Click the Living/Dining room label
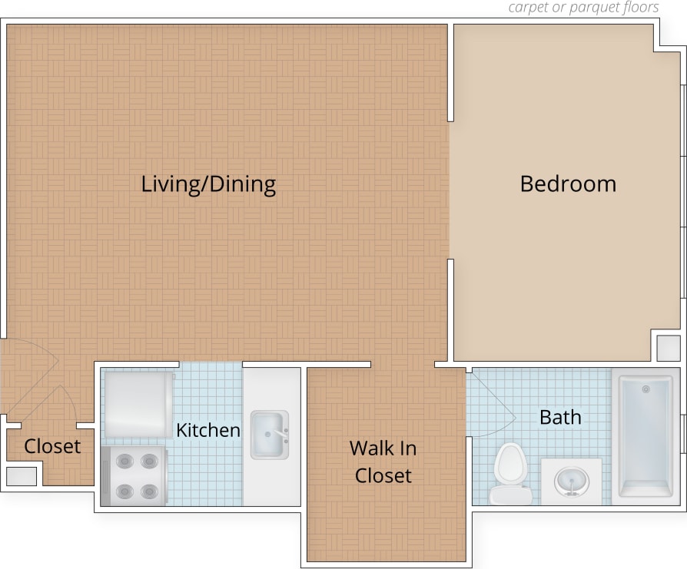208,184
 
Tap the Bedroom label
568,184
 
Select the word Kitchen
208,430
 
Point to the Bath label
560,418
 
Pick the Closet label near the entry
52,446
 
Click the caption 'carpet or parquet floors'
583,8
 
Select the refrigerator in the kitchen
138,405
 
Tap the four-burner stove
134,476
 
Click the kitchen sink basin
268,435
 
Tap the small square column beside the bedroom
668,347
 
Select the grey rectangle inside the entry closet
21,476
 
